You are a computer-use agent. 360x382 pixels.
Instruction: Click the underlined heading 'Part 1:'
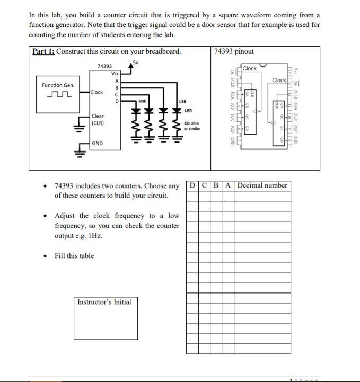[x=43, y=51]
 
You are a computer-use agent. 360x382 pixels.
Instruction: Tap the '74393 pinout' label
[x=234, y=51]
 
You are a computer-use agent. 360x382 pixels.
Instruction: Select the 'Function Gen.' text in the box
[x=58, y=85]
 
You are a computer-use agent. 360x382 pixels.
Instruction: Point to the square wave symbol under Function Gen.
[x=58, y=94]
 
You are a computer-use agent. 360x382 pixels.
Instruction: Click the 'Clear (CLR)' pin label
[x=98, y=120]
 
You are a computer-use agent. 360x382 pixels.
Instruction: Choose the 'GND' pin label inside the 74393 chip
[x=98, y=144]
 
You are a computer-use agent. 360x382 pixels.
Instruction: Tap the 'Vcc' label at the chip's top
[x=116, y=74]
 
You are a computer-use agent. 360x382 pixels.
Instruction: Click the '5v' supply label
[x=136, y=63]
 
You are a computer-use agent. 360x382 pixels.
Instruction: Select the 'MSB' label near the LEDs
[x=142, y=101]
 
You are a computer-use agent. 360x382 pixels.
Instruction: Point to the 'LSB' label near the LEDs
[x=182, y=101]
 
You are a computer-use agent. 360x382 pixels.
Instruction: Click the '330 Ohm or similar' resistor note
[x=191, y=126]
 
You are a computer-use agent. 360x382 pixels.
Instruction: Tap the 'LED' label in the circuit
[x=188, y=111]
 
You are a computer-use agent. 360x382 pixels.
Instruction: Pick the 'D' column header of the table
[x=192, y=185]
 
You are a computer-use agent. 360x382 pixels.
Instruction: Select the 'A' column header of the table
[x=228, y=185]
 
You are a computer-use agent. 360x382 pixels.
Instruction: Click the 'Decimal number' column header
[x=262, y=185]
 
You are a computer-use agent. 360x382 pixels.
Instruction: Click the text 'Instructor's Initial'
[x=104, y=302]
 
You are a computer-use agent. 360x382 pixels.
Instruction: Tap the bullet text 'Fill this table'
[x=74, y=256]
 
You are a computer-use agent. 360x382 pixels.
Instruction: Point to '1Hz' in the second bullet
[x=95, y=236]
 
